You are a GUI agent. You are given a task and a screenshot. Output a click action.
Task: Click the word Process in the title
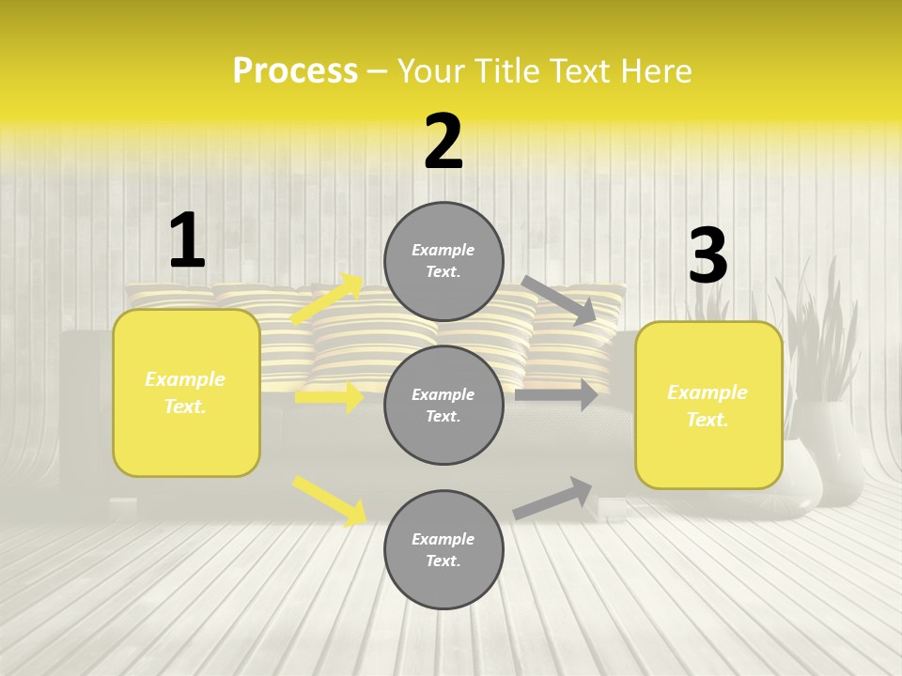(295, 71)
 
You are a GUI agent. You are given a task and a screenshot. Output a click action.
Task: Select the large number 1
(186, 241)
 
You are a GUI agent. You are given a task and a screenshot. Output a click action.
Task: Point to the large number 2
(443, 142)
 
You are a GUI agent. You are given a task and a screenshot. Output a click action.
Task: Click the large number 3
(708, 256)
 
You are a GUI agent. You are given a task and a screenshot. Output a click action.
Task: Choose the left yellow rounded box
(186, 392)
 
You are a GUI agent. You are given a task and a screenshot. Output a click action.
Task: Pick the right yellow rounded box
(708, 406)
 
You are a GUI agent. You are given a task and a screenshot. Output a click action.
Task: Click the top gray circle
(443, 261)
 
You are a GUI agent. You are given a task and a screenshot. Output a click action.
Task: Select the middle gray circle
(443, 406)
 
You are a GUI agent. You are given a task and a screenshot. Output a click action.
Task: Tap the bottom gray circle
(443, 550)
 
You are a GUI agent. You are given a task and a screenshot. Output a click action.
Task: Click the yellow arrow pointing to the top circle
(327, 299)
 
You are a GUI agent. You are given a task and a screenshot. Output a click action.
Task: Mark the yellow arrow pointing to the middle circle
(329, 397)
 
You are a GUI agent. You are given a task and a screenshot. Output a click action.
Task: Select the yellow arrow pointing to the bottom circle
(330, 500)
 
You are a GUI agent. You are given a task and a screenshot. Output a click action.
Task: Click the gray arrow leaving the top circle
(559, 300)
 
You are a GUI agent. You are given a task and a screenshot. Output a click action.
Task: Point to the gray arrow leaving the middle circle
(556, 395)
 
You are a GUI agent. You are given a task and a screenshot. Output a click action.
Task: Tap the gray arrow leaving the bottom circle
(553, 498)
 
